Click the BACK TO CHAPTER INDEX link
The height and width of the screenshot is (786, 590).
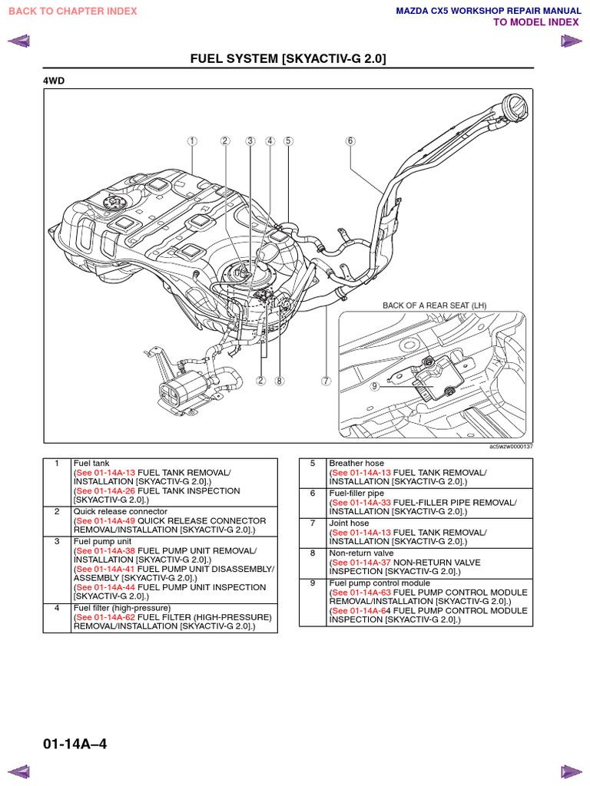[73, 11]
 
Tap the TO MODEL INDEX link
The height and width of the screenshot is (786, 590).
[535, 22]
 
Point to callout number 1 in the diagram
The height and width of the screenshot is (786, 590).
[191, 141]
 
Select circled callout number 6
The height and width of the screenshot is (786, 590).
[350, 141]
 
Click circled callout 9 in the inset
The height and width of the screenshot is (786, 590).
[375, 386]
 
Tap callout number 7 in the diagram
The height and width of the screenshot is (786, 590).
[326, 381]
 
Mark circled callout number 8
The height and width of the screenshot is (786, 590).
[280, 381]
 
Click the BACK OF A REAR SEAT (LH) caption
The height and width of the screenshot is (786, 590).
[435, 305]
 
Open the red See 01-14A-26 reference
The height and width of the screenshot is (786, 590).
[104, 490]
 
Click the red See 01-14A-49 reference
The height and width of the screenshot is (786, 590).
[104, 520]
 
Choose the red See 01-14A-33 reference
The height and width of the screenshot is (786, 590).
[360, 503]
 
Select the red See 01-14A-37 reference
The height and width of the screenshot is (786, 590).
[360, 562]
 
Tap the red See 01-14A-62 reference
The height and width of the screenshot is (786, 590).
[104, 617]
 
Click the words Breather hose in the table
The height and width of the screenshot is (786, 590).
[356, 464]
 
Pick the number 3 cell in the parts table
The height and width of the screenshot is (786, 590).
[57, 541]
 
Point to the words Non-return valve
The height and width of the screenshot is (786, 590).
[360, 553]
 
